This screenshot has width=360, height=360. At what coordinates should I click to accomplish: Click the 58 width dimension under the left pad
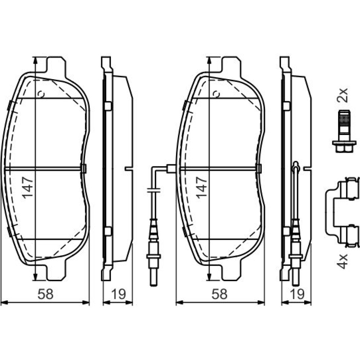pos(45,294)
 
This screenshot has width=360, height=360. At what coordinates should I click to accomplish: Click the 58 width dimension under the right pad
pos(220,294)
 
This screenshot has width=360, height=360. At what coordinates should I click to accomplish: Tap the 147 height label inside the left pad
pos(28,188)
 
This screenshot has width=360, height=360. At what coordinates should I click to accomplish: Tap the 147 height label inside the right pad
pos(202,188)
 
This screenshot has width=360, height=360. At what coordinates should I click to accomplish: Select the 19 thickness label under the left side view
pos(118,294)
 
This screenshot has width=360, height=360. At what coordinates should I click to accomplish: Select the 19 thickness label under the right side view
pos(297,294)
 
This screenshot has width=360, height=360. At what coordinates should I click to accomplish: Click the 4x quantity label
pos(342,261)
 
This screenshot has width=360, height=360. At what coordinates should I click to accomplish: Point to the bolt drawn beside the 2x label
pos(344,131)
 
